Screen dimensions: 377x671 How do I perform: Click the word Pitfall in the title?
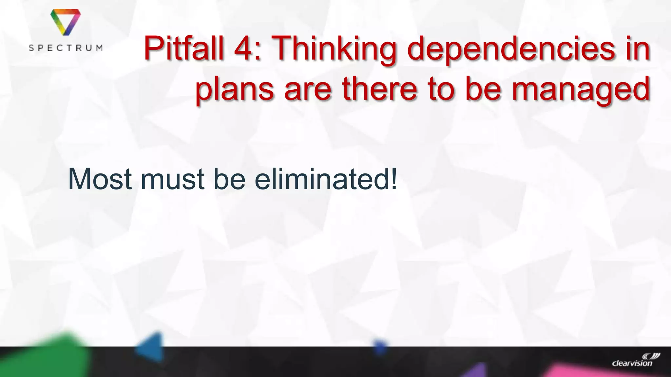[183, 49]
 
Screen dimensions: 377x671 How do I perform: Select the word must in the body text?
[173, 180]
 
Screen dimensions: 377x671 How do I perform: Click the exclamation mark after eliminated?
[394, 179]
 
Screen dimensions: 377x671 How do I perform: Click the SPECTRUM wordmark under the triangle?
[66, 48]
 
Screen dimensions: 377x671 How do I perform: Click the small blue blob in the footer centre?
[379, 347]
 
